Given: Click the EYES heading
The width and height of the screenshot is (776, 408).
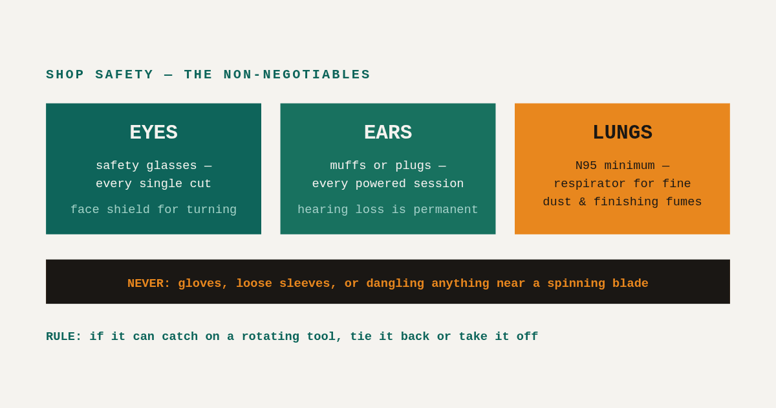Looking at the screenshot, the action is click(153, 132).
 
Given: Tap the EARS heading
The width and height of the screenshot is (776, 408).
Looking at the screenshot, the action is click(388, 132).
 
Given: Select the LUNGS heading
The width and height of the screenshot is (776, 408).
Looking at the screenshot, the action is click(622, 133).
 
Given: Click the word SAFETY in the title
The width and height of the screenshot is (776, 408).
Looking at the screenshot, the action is click(124, 74).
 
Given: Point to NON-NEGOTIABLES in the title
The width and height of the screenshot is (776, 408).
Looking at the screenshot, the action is click(297, 74).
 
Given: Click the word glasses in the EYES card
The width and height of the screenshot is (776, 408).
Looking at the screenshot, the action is click(171, 166).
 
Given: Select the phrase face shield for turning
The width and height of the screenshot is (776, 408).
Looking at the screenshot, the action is click(153, 209).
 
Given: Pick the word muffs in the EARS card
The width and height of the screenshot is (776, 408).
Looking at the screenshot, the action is click(348, 166).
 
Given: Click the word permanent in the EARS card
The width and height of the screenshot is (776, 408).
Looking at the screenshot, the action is click(446, 210).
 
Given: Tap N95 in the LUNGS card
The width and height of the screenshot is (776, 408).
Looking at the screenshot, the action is click(586, 166).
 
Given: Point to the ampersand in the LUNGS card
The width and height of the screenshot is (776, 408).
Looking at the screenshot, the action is click(583, 201).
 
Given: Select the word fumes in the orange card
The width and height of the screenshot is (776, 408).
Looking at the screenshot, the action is click(684, 201).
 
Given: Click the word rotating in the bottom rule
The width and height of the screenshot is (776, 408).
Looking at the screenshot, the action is click(270, 337).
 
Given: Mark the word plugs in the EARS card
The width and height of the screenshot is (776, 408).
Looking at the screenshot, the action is click(413, 166).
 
